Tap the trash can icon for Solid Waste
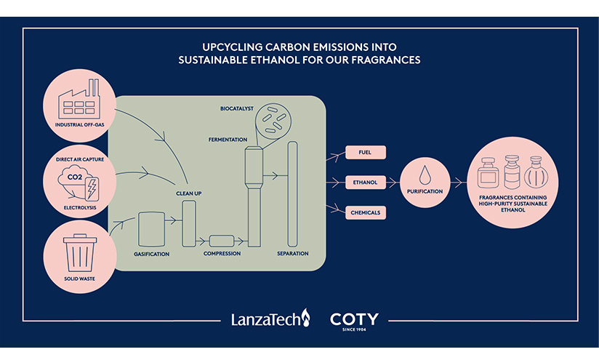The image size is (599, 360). (x=80, y=253)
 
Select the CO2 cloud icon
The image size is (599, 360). (x=74, y=181)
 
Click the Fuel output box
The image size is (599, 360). (x=366, y=152)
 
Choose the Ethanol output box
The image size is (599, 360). (x=366, y=183)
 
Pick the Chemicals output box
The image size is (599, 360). (x=366, y=212)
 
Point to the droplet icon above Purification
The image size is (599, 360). (x=425, y=175)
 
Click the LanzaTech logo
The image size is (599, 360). (x=270, y=319)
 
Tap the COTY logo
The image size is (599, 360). (x=354, y=321)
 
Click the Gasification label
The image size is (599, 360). (x=152, y=254)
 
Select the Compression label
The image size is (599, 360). (x=222, y=253)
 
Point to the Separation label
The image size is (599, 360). (x=293, y=253)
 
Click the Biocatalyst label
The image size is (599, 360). (x=237, y=108)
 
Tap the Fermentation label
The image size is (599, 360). (x=228, y=140)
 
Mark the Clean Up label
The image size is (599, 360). (x=189, y=193)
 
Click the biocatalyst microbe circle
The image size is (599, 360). (x=273, y=121)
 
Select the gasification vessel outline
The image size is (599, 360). (x=152, y=229)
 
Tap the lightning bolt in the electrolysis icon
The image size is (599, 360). (x=92, y=188)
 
